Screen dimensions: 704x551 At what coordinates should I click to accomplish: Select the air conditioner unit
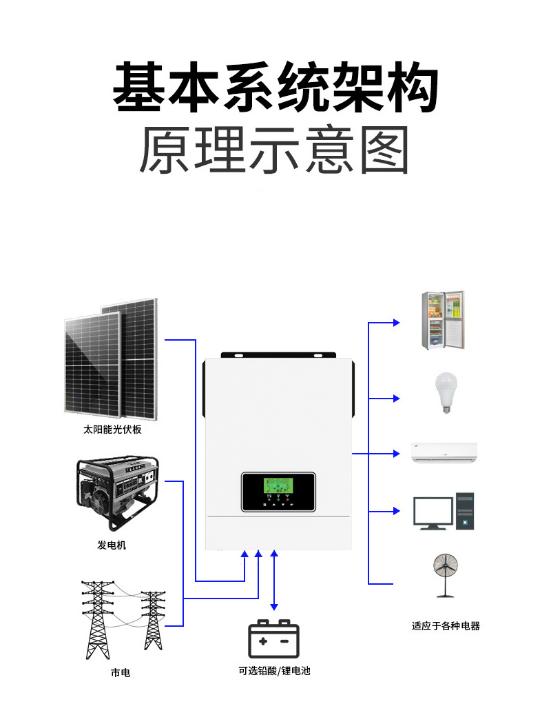(444, 452)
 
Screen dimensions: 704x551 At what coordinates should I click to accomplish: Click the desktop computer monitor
(433, 512)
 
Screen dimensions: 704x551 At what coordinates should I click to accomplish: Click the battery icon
(273, 638)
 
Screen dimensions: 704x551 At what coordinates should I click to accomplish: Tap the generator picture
(116, 494)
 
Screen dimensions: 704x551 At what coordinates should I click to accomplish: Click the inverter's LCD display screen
(278, 486)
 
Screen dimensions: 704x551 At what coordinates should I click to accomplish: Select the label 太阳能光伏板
(112, 430)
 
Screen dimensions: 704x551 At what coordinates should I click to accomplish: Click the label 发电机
(112, 545)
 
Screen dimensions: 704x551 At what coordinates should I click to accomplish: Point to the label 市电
(120, 672)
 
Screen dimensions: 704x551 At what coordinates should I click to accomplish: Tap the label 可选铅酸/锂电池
(274, 670)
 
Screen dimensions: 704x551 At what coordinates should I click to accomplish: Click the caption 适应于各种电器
(446, 626)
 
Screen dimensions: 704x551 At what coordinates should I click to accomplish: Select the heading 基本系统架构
(275, 88)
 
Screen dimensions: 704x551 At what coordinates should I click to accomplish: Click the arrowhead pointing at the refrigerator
(396, 322)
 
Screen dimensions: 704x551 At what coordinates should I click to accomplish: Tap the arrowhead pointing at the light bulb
(396, 399)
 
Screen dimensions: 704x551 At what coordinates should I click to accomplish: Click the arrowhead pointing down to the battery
(274, 606)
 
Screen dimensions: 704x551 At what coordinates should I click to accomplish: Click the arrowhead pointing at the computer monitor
(396, 511)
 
